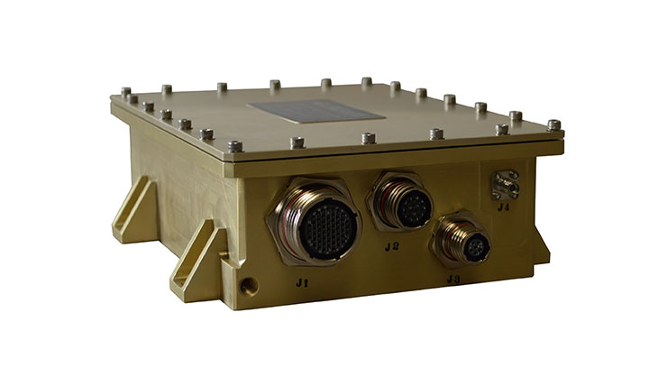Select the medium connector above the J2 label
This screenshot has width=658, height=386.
pos(403,204)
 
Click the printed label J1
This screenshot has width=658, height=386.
pos(304,282)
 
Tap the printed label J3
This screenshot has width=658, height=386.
pos(452,280)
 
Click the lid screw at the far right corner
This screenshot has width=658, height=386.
pos(553,124)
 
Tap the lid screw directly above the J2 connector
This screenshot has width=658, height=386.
pos(368,138)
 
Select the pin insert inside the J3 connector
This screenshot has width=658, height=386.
pos(473,245)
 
